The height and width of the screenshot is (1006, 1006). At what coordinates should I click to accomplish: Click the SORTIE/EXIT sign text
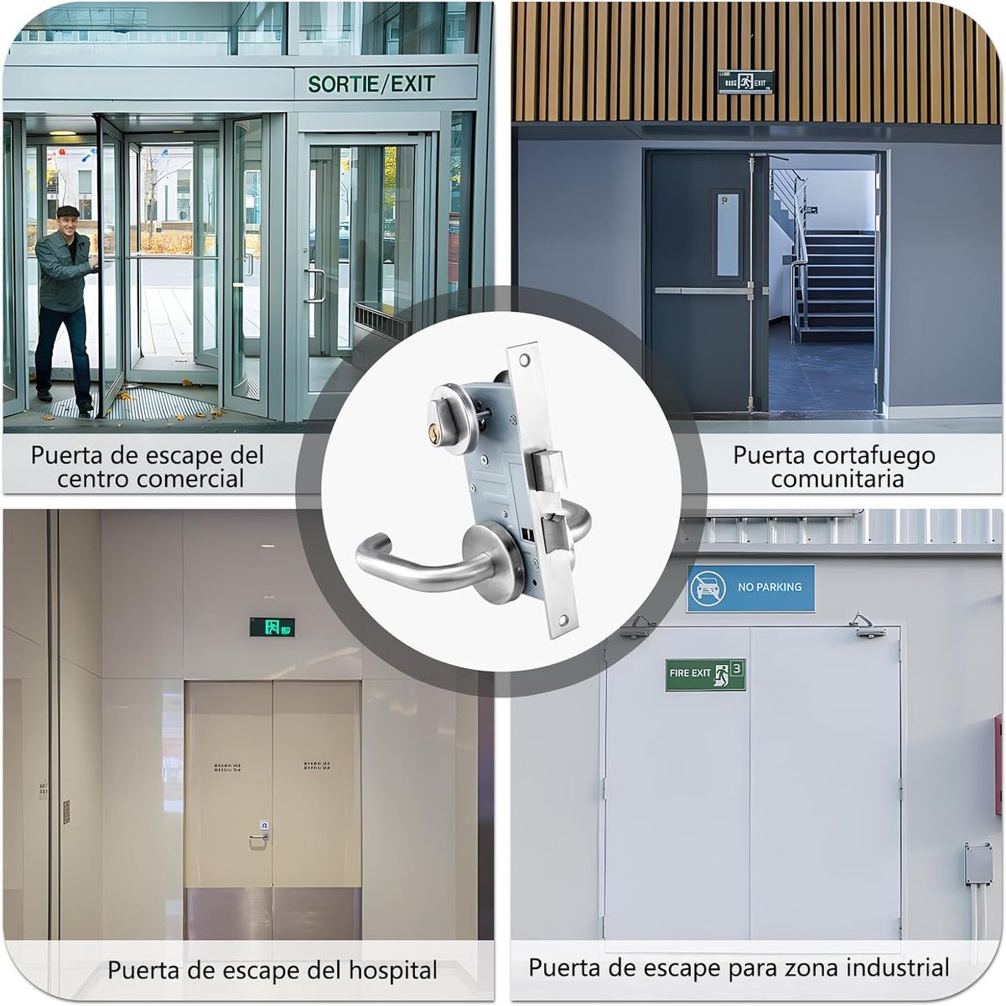(x=371, y=84)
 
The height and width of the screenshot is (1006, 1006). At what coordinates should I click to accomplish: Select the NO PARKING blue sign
(x=750, y=588)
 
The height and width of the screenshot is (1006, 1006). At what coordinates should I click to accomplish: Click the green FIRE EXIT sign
(x=705, y=674)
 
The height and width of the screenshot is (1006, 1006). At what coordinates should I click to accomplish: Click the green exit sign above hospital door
(x=272, y=626)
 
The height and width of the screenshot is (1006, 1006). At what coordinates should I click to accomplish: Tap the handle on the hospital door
(x=259, y=836)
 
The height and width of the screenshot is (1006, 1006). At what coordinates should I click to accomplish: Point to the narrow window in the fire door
(x=727, y=235)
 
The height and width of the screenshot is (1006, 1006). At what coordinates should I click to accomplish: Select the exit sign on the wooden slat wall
(x=744, y=81)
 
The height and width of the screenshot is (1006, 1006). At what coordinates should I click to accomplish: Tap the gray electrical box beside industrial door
(x=977, y=862)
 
